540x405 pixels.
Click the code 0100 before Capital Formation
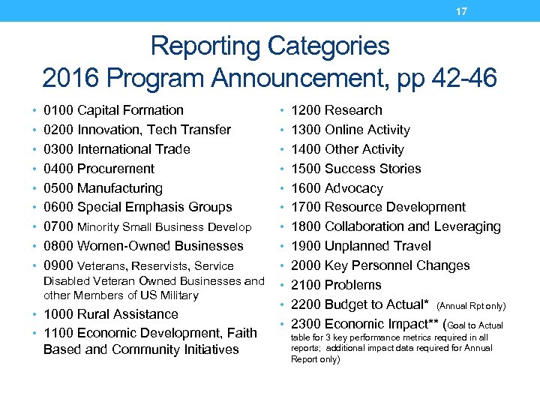pyautogui.click(x=58, y=110)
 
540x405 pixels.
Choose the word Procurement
pyautogui.click(x=115, y=169)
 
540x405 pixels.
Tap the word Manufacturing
pyautogui.click(x=120, y=188)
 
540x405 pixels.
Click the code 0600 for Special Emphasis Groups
pyautogui.click(x=58, y=207)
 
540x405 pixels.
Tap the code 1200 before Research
pyautogui.click(x=306, y=110)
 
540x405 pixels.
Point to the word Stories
pyautogui.click(x=397, y=169)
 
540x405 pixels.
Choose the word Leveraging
pyautogui.click(x=465, y=226)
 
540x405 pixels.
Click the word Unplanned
pyautogui.click(x=357, y=246)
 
